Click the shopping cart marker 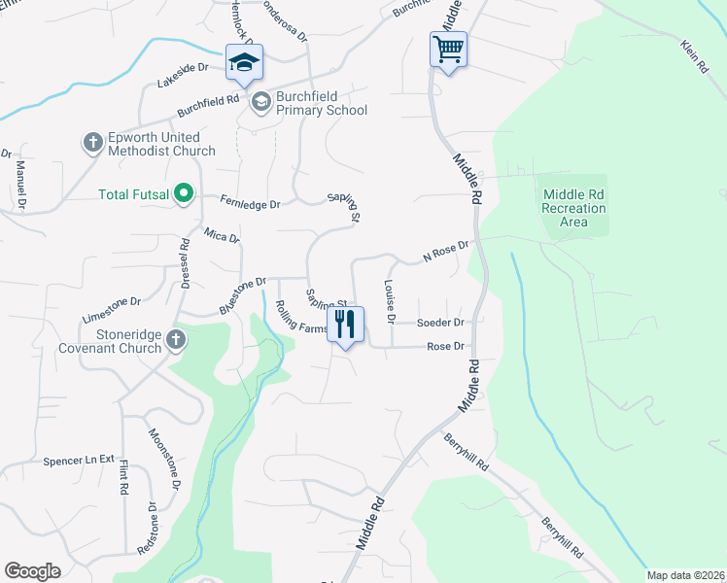point(448,49)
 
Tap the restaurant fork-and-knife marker point(345,324)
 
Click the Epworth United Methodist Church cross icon point(93,144)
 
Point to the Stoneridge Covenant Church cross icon point(175,340)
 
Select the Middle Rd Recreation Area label point(573,208)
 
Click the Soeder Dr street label point(440,323)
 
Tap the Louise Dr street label point(390,301)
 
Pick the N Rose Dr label point(446,252)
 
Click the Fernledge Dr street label point(251,205)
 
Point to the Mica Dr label point(222,235)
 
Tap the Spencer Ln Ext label point(79,460)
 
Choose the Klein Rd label point(693,60)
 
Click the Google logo point(33,571)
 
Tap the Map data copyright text point(684,575)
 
